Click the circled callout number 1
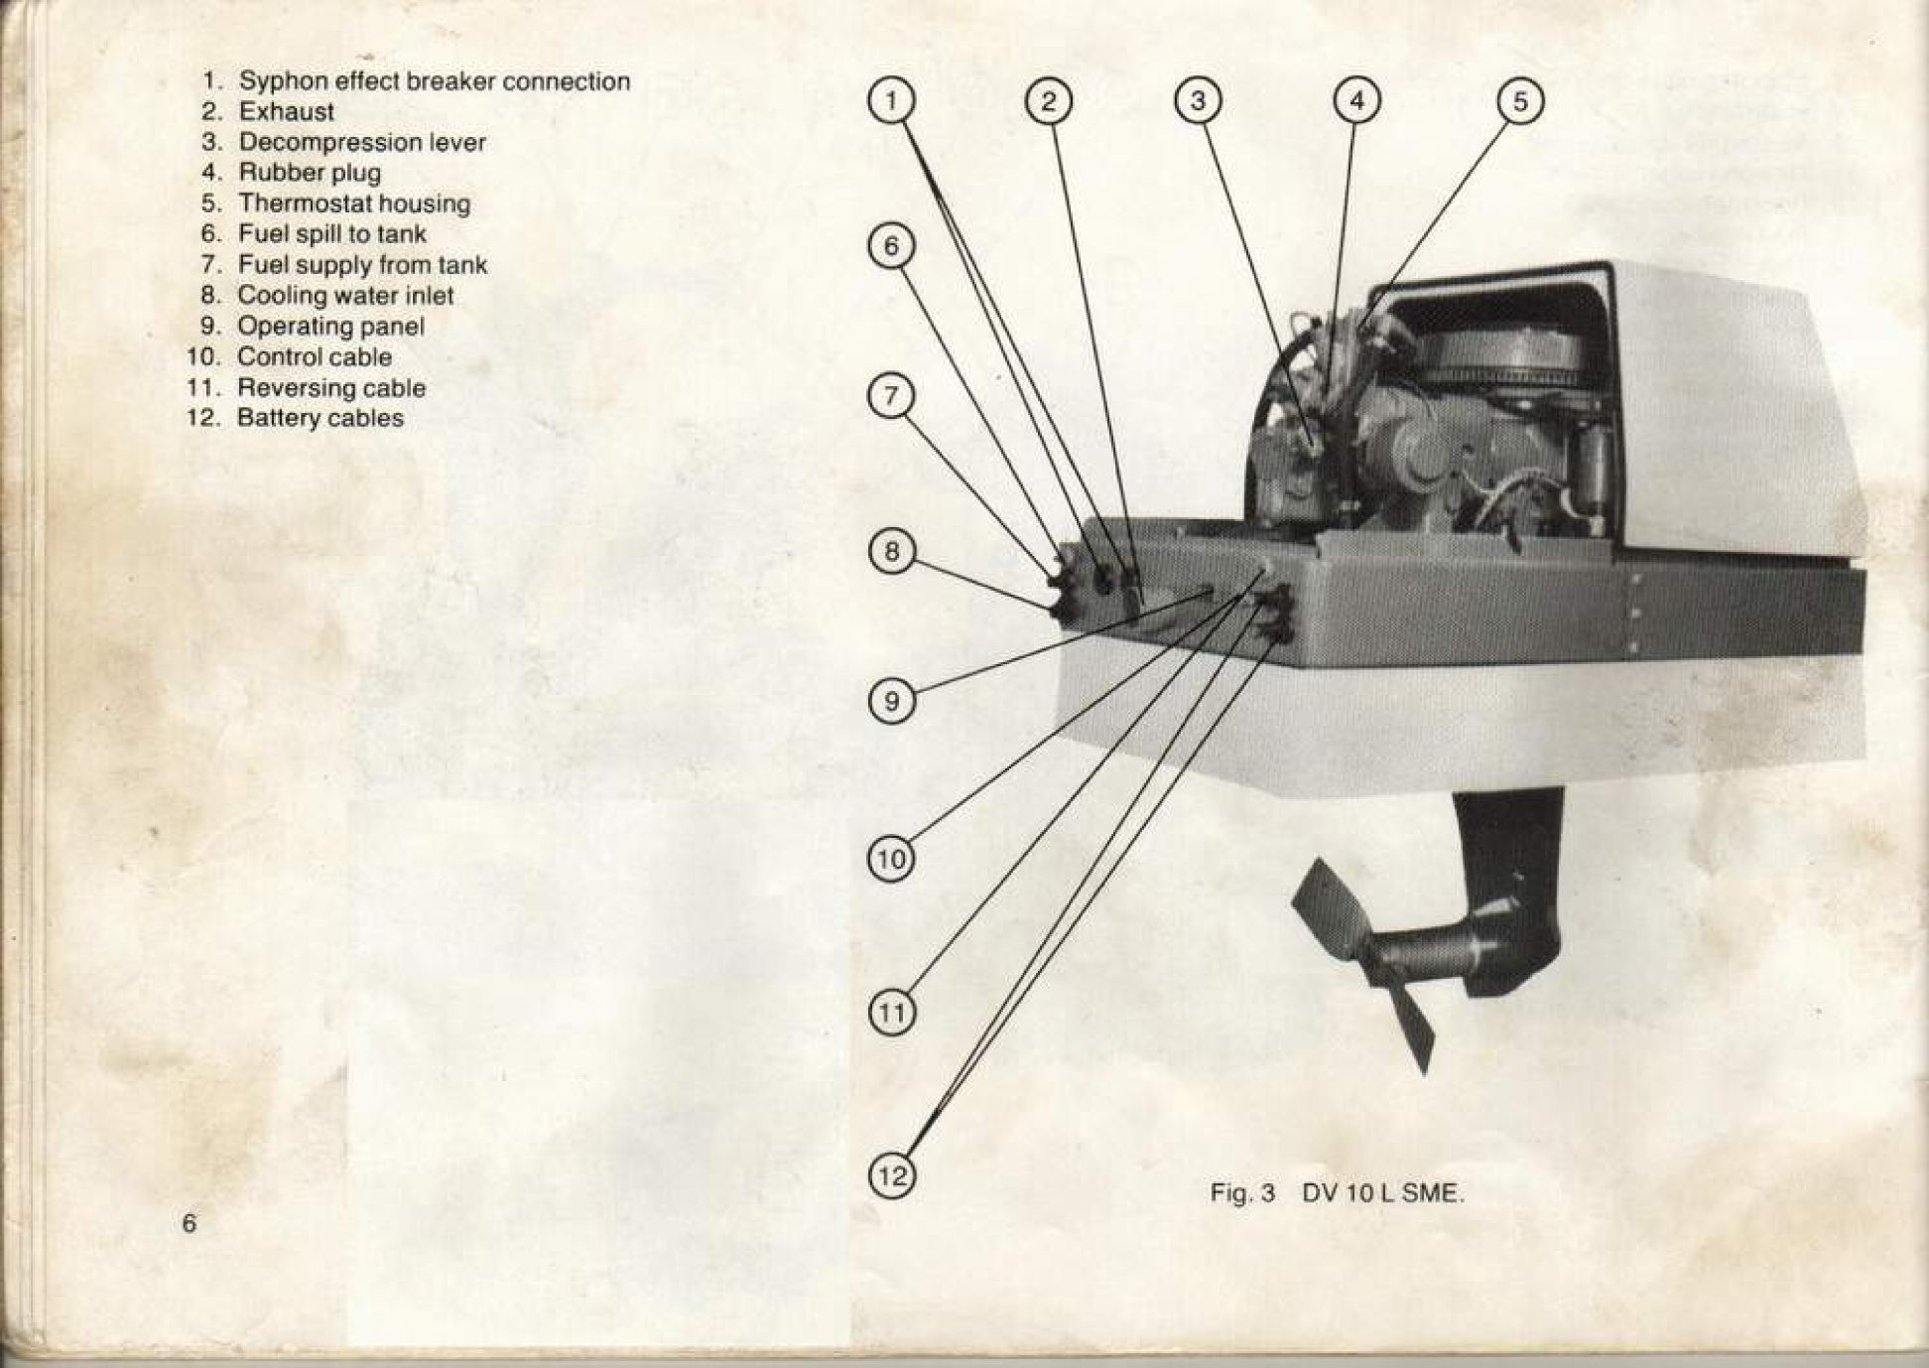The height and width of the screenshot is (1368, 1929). point(891,101)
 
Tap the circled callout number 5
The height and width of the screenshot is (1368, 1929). point(1520,101)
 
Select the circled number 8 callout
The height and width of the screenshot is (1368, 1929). point(891,551)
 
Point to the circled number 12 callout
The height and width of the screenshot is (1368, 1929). point(892,1175)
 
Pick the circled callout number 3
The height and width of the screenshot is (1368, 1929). point(1198,101)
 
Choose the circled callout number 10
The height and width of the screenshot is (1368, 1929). point(891,858)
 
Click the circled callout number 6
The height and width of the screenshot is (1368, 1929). point(891,246)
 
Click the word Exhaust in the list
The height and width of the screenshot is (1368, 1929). point(286,111)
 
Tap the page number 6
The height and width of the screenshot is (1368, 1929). point(190,1223)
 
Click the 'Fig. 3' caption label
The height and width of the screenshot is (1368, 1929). point(1241,1193)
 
